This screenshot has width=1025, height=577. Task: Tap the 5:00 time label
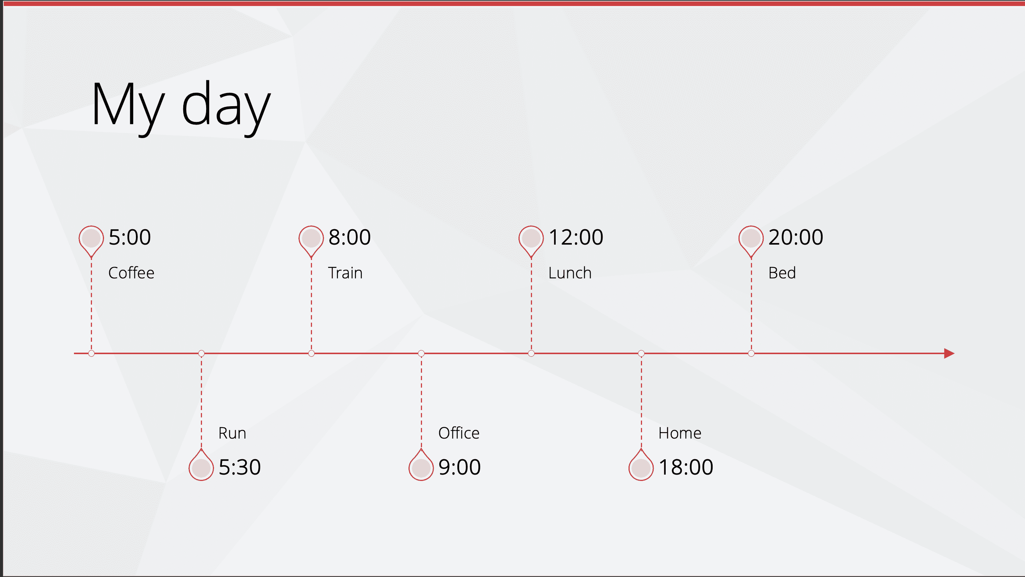tap(130, 237)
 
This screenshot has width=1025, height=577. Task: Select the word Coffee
tap(131, 273)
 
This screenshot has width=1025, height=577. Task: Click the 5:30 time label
tap(240, 467)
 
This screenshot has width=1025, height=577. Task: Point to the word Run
tap(232, 433)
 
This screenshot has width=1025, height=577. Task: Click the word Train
tap(345, 273)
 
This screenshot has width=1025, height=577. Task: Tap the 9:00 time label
tap(460, 467)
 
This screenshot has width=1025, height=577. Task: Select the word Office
tap(459, 433)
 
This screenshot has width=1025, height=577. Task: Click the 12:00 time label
tap(576, 237)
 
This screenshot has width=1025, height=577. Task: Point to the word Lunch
tap(570, 273)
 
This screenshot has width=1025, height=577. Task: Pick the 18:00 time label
tap(686, 467)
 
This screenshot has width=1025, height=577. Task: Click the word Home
tap(680, 433)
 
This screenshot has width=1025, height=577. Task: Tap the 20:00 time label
tap(796, 237)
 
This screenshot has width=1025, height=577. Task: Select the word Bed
tap(782, 273)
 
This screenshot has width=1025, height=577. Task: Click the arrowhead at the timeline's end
tap(950, 353)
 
